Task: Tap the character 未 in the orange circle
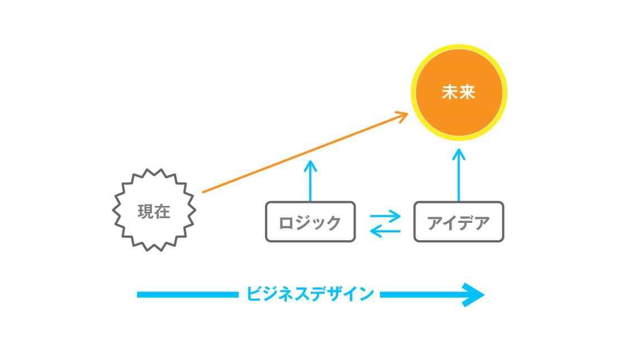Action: (450, 93)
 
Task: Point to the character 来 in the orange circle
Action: (467, 93)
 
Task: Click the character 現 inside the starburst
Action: (145, 212)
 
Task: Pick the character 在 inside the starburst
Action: (162, 212)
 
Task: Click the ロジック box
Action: (310, 222)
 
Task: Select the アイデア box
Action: (458, 222)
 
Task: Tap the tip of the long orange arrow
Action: (407, 113)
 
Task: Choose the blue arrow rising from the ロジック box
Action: (310, 181)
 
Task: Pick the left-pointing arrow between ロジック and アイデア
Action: (386, 230)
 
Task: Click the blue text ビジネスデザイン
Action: (310, 294)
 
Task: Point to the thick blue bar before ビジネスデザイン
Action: (187, 294)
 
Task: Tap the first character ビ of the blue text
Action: (254, 294)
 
